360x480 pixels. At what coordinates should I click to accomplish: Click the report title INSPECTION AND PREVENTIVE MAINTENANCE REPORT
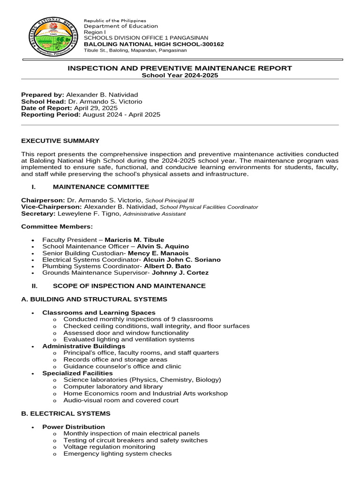(x=180, y=68)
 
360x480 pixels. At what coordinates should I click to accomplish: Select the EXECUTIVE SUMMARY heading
(x=60, y=141)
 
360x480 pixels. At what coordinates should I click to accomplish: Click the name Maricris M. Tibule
(x=134, y=240)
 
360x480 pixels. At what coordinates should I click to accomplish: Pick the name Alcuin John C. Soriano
(x=182, y=260)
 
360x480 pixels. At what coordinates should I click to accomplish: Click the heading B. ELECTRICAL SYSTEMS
(x=66, y=413)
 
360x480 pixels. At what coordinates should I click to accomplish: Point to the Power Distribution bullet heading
(x=74, y=427)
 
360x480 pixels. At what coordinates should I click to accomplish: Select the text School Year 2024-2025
(x=180, y=75)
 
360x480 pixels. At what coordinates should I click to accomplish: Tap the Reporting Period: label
(x=51, y=114)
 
